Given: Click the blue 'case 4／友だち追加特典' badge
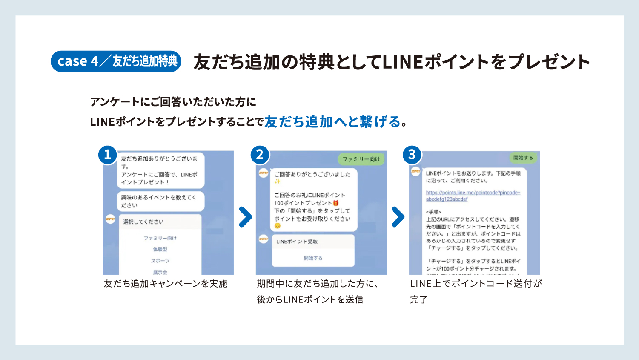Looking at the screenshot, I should [x=116, y=61].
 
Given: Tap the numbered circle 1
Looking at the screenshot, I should [x=107, y=155].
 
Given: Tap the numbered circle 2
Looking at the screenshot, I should [x=260, y=155].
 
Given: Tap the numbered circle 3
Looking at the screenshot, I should [x=412, y=155].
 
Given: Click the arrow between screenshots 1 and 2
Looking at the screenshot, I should [x=245, y=217].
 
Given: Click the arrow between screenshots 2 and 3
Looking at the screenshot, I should [x=398, y=217].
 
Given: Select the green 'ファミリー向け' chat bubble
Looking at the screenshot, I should [x=361, y=159].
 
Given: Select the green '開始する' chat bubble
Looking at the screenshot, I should [x=523, y=158].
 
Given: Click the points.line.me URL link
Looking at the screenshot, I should [x=473, y=196].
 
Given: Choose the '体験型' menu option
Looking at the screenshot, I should [x=160, y=249].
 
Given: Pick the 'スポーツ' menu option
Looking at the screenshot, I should [x=160, y=261].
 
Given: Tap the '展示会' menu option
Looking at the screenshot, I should [x=160, y=272].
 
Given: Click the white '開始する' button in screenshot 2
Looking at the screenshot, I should [x=313, y=258].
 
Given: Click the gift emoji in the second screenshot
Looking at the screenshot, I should [x=336, y=203].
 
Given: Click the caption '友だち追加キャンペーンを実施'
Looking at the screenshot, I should [x=166, y=284].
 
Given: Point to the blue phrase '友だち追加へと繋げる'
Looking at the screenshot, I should [x=332, y=122].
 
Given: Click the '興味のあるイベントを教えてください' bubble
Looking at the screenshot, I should [x=160, y=202].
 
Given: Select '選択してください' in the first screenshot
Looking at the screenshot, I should [x=143, y=222].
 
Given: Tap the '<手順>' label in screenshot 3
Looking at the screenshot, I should [x=433, y=212].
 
